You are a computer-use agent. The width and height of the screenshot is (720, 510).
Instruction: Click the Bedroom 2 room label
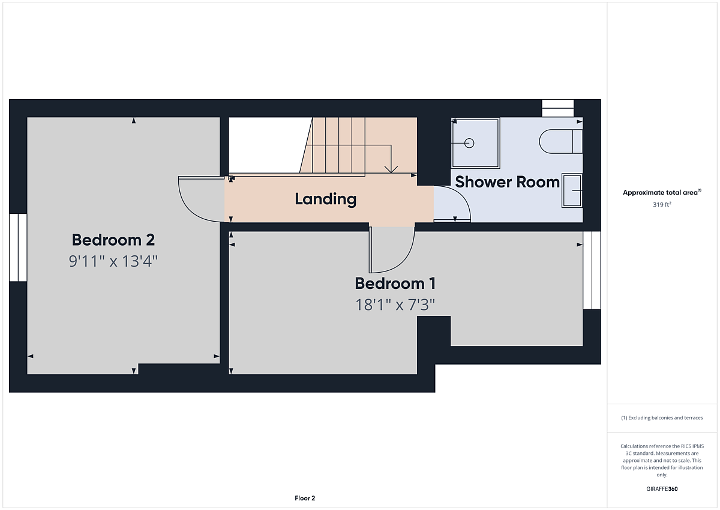[113, 240]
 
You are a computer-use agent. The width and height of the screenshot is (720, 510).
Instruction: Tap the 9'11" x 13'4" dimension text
[113, 261]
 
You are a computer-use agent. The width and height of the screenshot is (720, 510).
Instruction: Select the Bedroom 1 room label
[395, 284]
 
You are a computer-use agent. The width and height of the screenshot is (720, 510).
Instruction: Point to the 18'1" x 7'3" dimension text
[395, 305]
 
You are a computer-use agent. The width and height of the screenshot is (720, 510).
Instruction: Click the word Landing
[326, 199]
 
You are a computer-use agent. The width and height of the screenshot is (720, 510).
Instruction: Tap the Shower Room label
[507, 182]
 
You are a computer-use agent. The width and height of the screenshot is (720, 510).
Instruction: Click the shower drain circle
[469, 143]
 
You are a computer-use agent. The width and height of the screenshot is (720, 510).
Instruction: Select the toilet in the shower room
[561, 141]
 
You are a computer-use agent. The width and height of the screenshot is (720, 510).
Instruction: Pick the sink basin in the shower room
[572, 191]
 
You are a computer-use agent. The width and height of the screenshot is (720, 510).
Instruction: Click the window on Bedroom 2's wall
[18, 247]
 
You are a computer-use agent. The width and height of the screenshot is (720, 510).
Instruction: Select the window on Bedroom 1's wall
[592, 270]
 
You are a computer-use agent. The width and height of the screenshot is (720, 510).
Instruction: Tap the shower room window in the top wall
[557, 108]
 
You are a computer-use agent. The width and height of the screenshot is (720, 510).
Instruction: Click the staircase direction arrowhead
[391, 169]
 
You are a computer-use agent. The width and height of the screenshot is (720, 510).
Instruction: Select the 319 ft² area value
[662, 205]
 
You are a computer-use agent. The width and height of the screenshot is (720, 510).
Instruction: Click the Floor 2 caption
[305, 499]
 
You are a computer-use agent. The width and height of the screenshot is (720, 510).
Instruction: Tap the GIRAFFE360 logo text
[662, 489]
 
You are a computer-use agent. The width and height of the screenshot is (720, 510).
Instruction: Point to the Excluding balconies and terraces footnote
[662, 417]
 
